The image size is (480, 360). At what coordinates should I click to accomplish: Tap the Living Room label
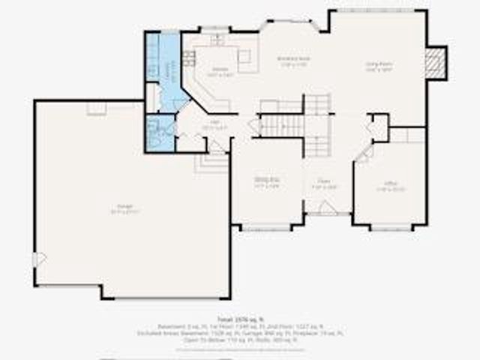[379, 66]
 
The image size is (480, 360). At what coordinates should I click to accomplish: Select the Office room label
[390, 187]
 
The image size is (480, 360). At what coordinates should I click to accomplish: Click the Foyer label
[324, 183]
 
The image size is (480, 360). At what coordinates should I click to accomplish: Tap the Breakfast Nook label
[292, 61]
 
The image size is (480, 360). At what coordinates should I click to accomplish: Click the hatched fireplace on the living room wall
[435, 62]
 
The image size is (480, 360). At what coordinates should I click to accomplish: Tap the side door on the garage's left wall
[39, 258]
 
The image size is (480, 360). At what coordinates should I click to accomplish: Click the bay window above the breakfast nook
[292, 23]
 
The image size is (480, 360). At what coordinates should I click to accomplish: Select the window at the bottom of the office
[391, 227]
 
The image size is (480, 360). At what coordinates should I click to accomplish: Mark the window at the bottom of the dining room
[266, 227]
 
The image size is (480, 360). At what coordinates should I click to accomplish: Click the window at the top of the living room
[379, 10]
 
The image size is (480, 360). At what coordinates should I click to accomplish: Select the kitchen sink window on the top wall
[214, 29]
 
